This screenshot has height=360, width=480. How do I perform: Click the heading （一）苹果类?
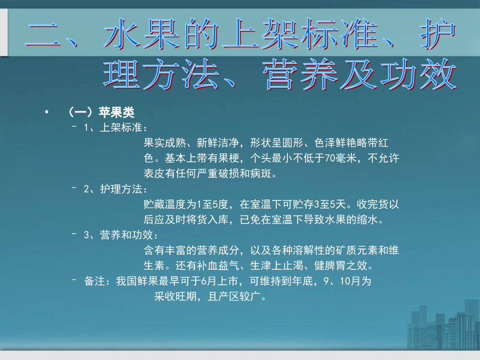coord(101,113)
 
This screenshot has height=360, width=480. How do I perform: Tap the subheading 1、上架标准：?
coord(116,127)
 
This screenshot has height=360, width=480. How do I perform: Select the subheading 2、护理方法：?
coord(116,189)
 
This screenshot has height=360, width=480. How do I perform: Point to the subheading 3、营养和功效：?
coord(121,235)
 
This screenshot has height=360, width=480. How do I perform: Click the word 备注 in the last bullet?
coord(94,281)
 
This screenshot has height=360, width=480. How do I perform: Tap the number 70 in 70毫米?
coord(330,158)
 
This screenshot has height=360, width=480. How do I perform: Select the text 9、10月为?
coord(347,281)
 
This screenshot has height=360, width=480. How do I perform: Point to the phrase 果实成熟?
coord(165,143)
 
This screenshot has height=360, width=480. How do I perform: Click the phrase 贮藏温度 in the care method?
coord(165,204)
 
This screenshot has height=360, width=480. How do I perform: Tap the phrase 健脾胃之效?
coord(341,266)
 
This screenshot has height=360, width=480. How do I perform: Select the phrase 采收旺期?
coord(175,297)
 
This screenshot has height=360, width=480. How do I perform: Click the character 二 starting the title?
coord(43,35)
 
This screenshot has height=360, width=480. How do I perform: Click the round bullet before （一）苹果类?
coord(46,112)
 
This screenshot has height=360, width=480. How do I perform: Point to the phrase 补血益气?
coord(218,266)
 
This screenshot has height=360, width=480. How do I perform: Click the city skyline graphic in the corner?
coord(444,327)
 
